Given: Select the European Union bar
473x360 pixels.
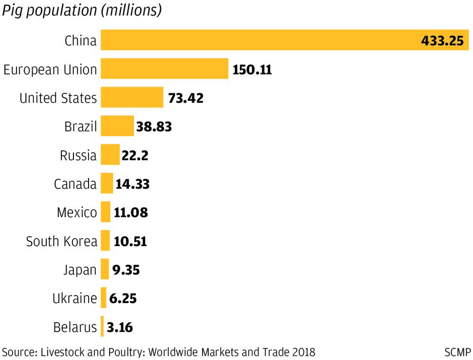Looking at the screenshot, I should click(x=164, y=69).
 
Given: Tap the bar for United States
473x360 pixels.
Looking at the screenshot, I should click(x=132, y=98).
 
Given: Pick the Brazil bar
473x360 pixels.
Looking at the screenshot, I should click(x=117, y=126).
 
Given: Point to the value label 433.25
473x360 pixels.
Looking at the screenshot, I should click(x=442, y=41).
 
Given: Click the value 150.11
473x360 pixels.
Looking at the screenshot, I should click(x=252, y=70).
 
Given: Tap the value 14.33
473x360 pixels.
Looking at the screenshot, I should click(x=132, y=184).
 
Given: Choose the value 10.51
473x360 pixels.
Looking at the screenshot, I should click(x=130, y=241).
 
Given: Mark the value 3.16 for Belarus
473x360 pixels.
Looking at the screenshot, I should click(x=120, y=327).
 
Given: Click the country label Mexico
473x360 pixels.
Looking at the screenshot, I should click(x=77, y=213).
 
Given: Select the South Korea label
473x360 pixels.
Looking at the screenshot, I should click(x=62, y=241).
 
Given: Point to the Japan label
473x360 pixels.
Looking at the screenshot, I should click(x=80, y=270).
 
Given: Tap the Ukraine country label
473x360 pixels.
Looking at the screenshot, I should click(x=75, y=298).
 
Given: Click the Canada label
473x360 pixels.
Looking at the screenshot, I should click(x=75, y=184).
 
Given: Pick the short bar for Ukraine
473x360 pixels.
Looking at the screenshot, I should click(x=103, y=298).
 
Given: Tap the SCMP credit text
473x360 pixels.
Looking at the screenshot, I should click(x=457, y=352).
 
